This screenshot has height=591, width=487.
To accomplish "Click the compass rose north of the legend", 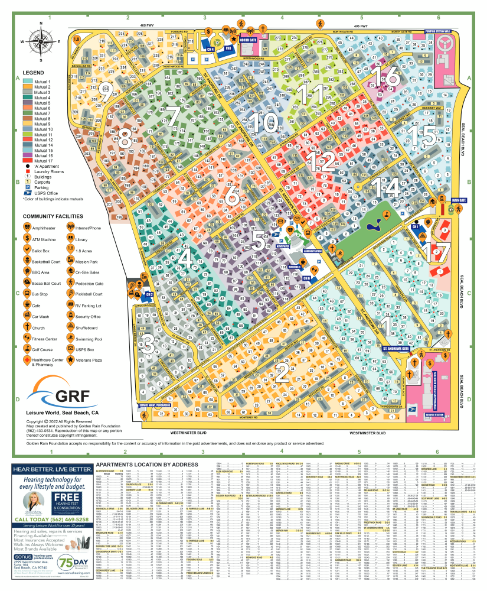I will click(40, 41).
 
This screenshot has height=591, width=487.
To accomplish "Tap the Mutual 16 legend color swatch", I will click(27, 155).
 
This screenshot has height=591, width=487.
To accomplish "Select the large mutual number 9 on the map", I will click(106, 92).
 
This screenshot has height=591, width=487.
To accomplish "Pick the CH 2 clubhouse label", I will click(149, 294).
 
